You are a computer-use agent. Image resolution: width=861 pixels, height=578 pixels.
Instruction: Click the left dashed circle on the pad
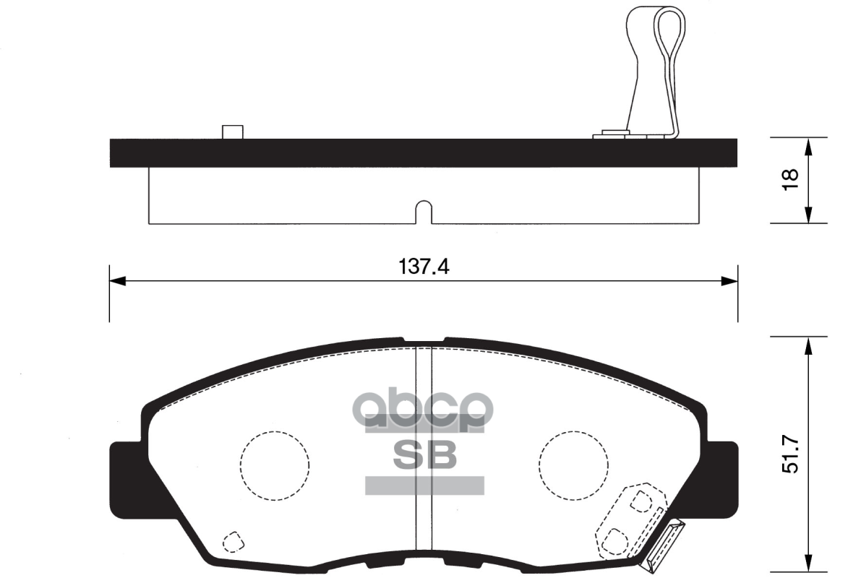(275, 465)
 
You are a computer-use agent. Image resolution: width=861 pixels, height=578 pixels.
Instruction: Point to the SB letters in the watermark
(424, 454)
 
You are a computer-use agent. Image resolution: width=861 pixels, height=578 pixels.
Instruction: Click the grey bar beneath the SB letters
(424, 486)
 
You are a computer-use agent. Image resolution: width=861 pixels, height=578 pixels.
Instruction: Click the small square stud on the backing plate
(232, 131)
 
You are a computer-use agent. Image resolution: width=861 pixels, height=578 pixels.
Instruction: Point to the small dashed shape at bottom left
(232, 540)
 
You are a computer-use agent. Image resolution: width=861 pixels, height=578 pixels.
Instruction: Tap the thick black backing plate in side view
(424, 152)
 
